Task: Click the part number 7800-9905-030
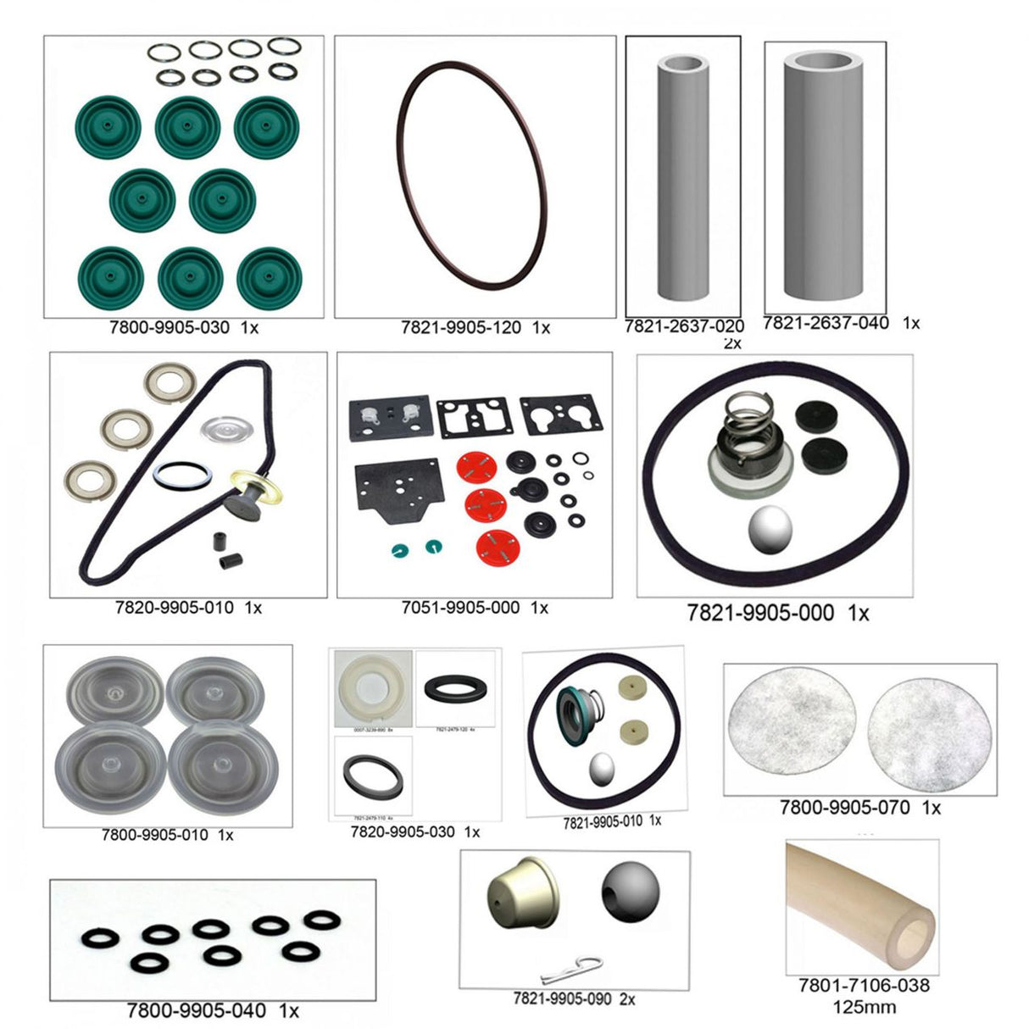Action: tap(170, 327)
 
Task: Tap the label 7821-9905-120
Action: tap(460, 327)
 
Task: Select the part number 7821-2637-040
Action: tap(826, 323)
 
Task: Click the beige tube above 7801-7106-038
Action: tap(859, 907)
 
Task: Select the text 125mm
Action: tap(865, 1008)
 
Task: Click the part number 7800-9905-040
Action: tap(196, 1010)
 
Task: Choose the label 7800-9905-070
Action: tap(845, 808)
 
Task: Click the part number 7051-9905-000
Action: tap(460, 608)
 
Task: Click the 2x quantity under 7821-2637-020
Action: tap(731, 343)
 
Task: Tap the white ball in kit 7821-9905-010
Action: tap(603, 767)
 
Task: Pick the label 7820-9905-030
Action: tap(403, 832)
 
